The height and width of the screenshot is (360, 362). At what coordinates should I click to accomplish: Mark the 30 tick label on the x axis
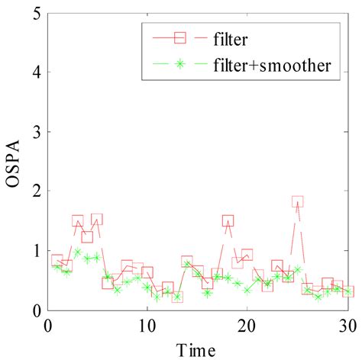(347, 326)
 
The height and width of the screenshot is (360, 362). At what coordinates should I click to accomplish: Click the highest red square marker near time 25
(298, 202)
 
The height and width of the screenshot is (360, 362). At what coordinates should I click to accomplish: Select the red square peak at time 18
(228, 221)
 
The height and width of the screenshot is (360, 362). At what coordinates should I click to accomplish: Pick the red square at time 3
(78, 221)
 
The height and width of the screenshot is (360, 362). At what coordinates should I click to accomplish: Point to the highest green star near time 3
(78, 252)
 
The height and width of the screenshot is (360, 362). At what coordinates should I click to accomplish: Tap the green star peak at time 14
(188, 264)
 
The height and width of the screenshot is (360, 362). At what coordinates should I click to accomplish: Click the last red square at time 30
(347, 291)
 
